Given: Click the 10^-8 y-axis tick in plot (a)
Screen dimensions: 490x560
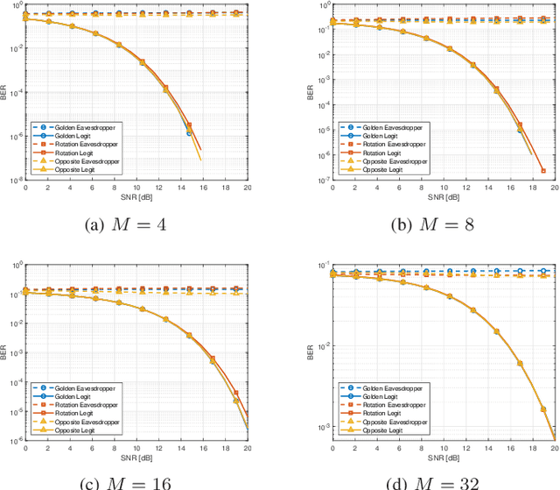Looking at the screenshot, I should pyautogui.click(x=15, y=181).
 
